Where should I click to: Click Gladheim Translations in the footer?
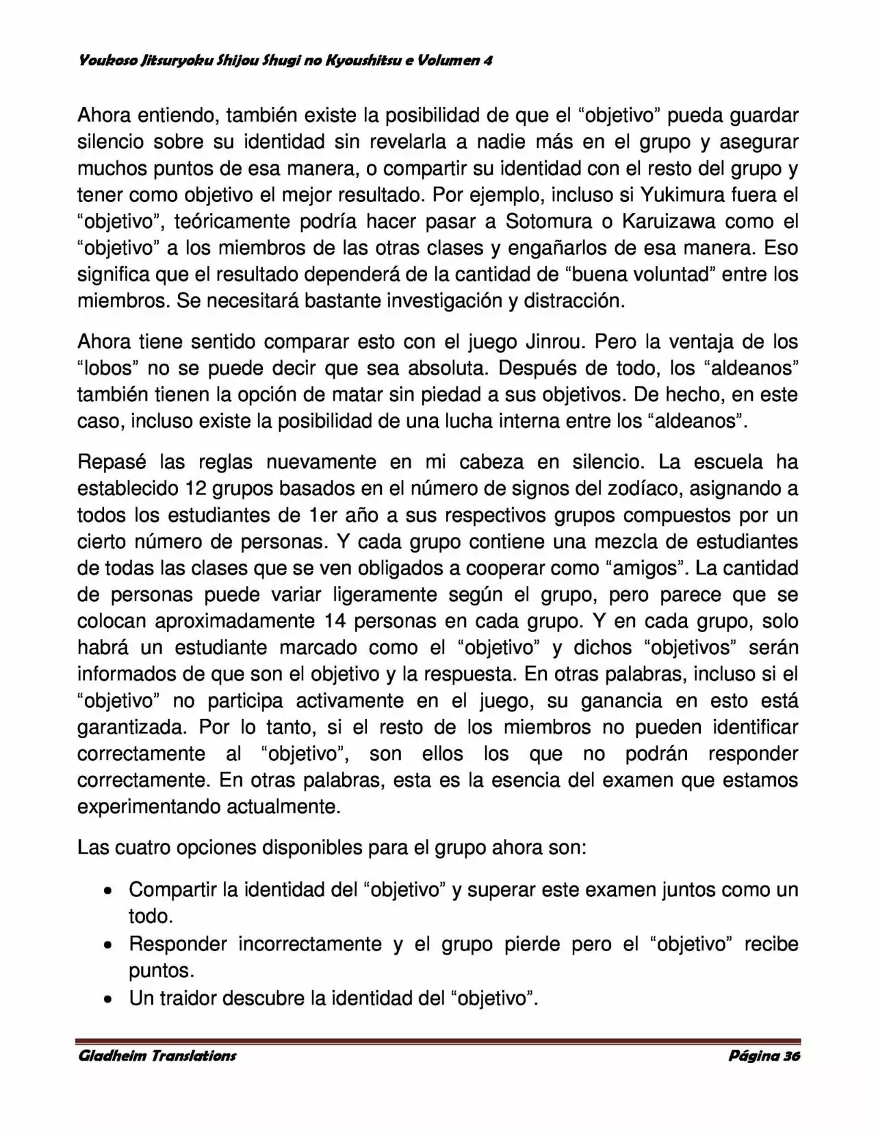tap(157, 1055)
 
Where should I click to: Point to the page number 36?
tap(792, 1055)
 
